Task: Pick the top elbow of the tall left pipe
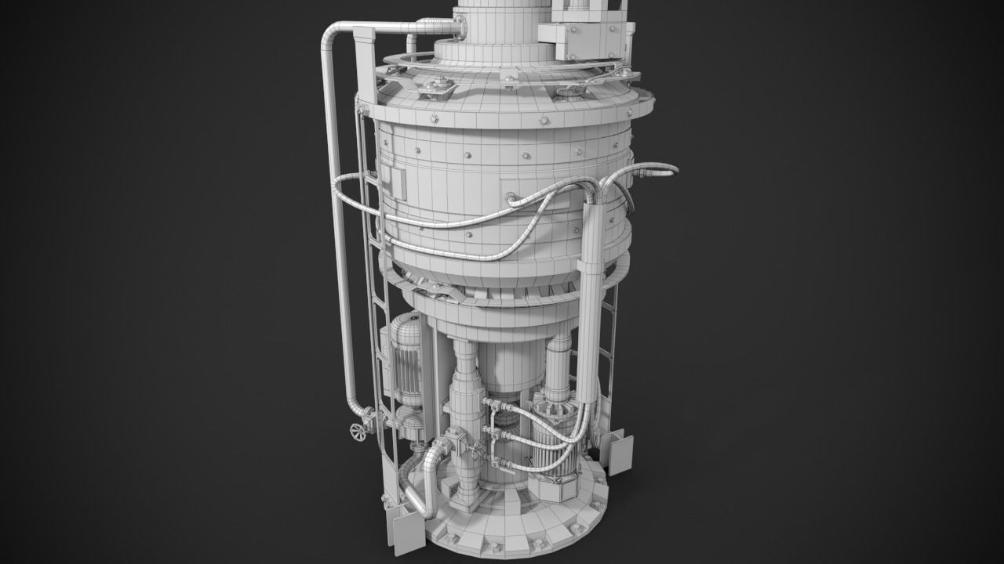click(x=333, y=35)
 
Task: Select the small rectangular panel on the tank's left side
click(x=394, y=181)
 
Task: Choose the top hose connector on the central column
click(x=494, y=404)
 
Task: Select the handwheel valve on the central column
click(x=477, y=448)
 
